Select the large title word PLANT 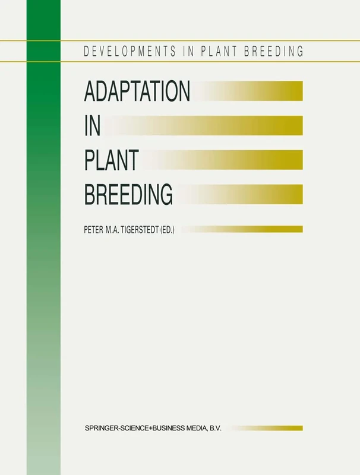click(112, 160)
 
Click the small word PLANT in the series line click(225, 51)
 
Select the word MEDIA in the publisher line click(191, 427)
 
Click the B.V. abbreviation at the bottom click(214, 427)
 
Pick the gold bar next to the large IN click(226, 125)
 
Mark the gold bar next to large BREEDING click(250, 194)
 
